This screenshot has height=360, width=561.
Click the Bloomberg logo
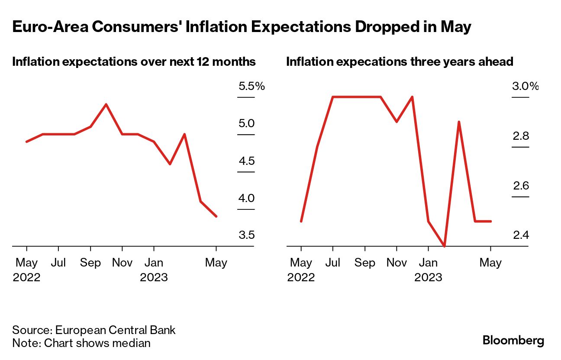tap(513, 341)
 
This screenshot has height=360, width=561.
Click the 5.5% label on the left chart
tap(251, 87)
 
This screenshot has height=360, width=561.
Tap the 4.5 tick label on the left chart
tap(246, 161)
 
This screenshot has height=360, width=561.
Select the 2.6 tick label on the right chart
tap(521, 186)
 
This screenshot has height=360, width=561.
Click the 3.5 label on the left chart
tap(246, 235)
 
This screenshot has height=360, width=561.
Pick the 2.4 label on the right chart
tap(521, 235)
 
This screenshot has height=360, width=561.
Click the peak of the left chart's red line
tap(106, 104)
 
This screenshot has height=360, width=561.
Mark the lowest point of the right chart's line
tap(444, 246)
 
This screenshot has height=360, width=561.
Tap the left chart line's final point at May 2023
tap(216, 216)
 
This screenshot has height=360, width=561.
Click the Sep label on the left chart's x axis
tap(90, 263)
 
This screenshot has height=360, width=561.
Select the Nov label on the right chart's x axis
tap(397, 263)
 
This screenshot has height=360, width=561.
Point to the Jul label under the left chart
tap(58, 263)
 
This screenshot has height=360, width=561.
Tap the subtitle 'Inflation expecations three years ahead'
tap(400, 62)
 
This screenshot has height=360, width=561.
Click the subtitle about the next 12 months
tap(134, 62)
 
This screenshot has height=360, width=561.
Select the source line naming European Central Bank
tap(94, 330)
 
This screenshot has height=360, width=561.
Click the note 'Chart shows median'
tap(81, 344)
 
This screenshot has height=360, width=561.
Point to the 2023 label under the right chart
tap(428, 277)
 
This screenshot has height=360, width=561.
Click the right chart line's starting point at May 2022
tap(301, 221)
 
